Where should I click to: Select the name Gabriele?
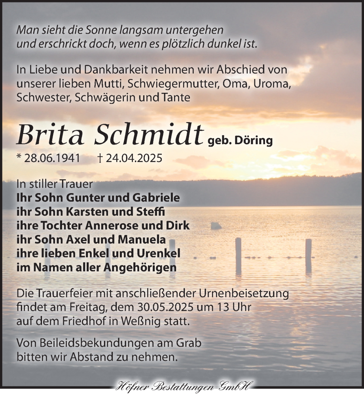tap(155, 197)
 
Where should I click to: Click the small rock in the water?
tap(216, 226)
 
